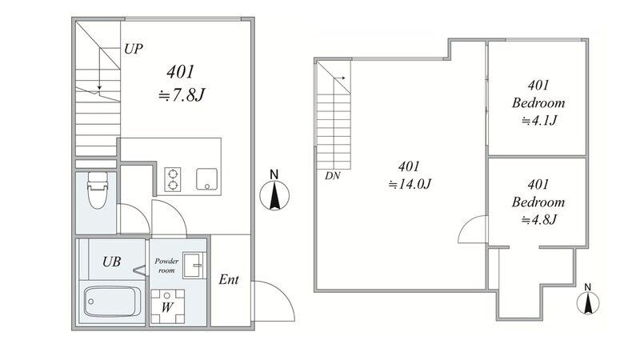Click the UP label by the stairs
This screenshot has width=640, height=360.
point(134,49)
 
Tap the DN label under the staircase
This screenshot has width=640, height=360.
point(332,176)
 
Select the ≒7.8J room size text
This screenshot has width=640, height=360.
point(182,95)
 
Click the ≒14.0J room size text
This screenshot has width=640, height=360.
point(410,184)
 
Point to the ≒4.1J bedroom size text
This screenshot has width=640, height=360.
point(538,121)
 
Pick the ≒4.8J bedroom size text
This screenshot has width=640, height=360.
point(538,220)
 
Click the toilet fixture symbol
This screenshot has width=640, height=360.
point(97,190)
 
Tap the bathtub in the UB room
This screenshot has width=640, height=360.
point(112,302)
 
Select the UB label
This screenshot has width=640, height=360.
point(111,262)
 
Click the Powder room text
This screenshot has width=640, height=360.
point(166,266)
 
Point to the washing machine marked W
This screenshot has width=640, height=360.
point(167,306)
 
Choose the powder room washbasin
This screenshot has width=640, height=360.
point(194,266)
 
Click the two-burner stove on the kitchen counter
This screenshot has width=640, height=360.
point(173,179)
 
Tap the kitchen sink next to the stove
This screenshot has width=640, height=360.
point(207,179)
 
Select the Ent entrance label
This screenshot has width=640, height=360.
point(229,279)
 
